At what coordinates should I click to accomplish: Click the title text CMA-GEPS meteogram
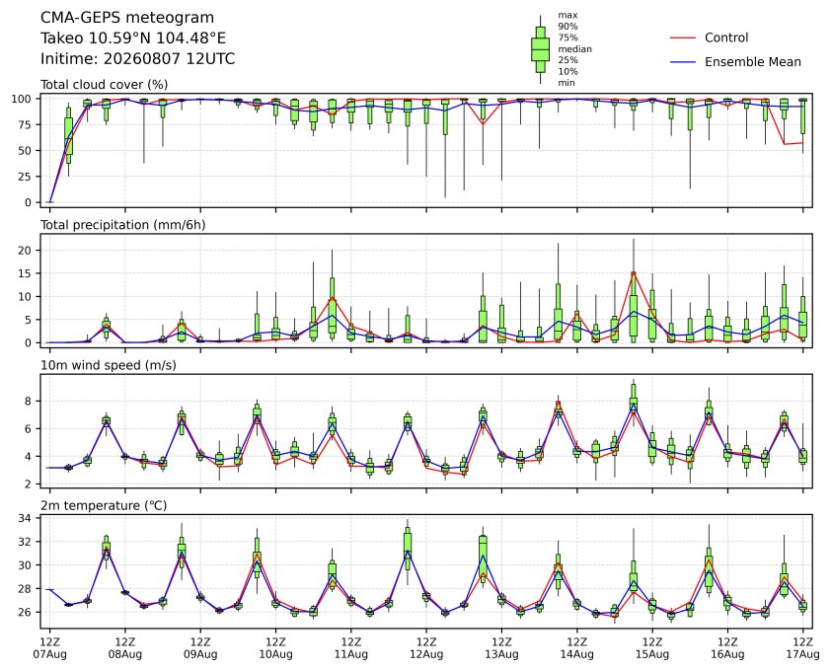(127, 18)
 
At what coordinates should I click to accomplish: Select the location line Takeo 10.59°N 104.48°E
(133, 38)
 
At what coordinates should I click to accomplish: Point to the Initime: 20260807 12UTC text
(138, 58)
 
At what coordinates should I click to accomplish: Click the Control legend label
(726, 37)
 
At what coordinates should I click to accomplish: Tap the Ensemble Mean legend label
(753, 62)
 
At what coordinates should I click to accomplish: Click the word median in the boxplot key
(574, 48)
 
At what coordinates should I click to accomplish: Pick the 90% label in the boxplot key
(567, 26)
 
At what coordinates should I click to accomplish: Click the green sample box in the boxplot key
(540, 49)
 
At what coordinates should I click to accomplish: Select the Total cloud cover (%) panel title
(104, 85)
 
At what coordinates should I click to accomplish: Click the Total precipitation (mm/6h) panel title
(123, 225)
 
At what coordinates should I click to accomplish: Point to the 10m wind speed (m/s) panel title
(109, 365)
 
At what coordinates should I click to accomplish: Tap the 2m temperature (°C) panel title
(104, 505)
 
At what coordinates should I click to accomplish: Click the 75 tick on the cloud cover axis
(25, 124)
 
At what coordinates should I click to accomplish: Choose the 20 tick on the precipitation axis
(25, 251)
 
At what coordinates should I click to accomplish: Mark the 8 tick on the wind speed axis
(29, 402)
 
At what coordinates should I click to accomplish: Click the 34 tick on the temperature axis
(25, 518)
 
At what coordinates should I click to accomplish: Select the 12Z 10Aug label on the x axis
(275, 647)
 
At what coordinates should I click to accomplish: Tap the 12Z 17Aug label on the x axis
(803, 647)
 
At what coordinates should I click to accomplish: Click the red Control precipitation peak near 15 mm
(634, 272)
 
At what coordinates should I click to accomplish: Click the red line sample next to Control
(683, 37)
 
